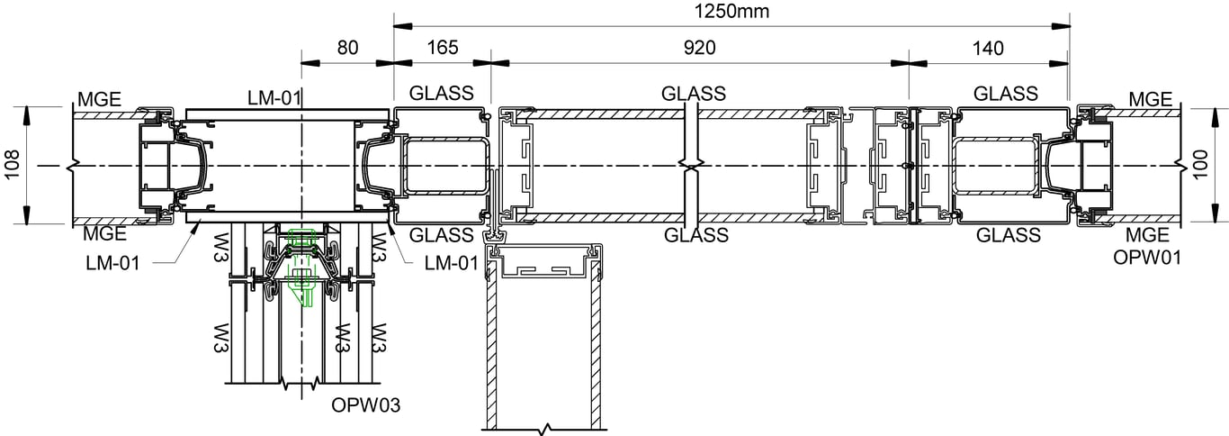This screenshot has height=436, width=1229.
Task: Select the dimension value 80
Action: click(347, 50)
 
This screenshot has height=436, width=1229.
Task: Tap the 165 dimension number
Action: click(441, 50)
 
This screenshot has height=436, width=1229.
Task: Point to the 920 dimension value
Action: click(699, 50)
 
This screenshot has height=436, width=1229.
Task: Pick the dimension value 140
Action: click(988, 50)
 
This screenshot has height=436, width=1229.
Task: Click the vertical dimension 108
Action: click(12, 166)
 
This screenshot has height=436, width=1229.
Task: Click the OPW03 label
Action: click(364, 404)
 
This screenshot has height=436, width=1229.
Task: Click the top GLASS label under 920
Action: click(694, 94)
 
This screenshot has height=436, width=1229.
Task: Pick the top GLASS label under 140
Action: click(1006, 94)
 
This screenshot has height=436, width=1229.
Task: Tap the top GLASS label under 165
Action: click(442, 94)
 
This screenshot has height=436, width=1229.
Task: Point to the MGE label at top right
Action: click(1150, 98)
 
